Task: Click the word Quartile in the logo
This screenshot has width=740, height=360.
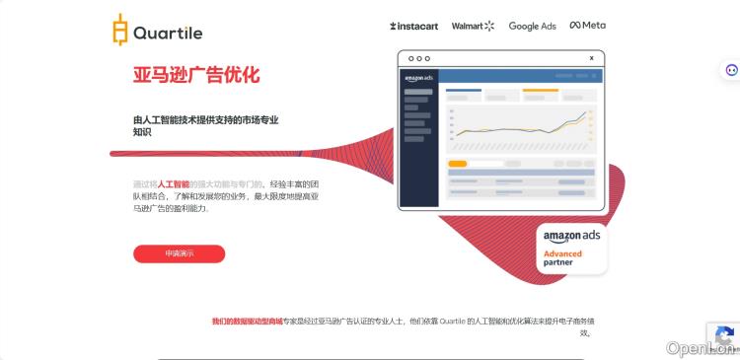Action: click(x=168, y=33)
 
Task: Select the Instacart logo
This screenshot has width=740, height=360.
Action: click(x=414, y=26)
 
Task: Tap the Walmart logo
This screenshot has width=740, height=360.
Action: click(x=473, y=26)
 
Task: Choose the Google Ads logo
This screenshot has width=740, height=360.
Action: click(x=532, y=26)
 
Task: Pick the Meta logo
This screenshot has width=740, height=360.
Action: click(x=588, y=26)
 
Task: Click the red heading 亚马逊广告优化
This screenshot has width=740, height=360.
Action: click(x=196, y=75)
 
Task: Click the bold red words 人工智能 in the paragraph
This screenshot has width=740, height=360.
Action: click(x=174, y=184)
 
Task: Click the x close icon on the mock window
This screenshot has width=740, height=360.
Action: click(x=591, y=58)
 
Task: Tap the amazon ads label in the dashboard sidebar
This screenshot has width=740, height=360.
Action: click(x=419, y=78)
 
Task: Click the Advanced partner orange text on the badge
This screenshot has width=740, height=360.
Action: click(x=562, y=257)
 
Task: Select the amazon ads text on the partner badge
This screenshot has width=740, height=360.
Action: click(x=571, y=236)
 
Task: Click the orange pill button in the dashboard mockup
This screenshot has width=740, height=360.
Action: click(x=458, y=164)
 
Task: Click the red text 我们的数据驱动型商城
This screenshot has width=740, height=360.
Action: click(x=247, y=322)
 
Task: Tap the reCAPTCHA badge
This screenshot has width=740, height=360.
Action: click(x=723, y=336)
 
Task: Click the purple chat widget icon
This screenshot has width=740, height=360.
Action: click(x=731, y=70)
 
